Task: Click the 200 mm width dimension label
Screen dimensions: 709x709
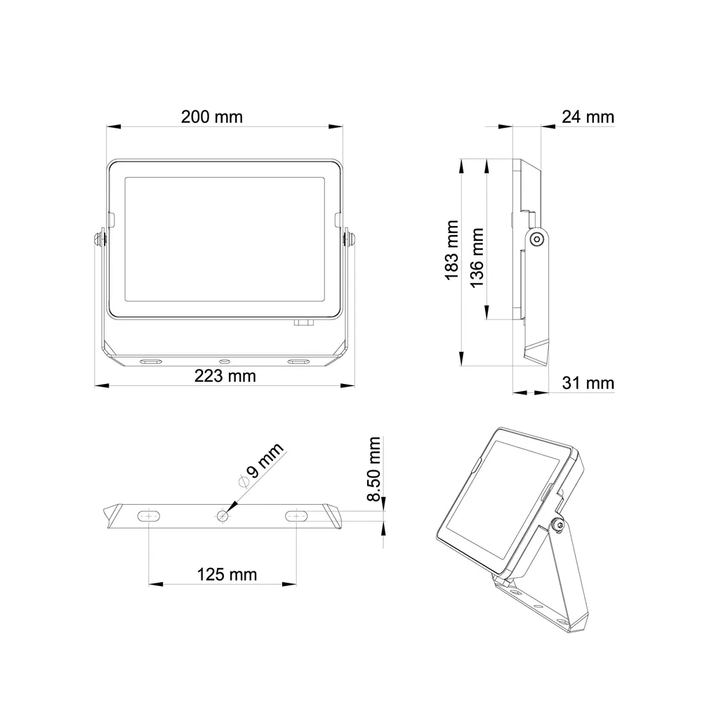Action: tap(211, 117)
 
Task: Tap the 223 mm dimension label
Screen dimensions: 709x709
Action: tap(225, 376)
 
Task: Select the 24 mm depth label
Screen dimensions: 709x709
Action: tap(588, 117)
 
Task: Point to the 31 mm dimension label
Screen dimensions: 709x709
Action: tap(588, 383)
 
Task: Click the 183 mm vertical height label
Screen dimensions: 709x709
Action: tap(451, 250)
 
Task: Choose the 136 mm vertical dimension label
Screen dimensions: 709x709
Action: tap(477, 258)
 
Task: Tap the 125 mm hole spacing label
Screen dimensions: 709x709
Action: tap(227, 574)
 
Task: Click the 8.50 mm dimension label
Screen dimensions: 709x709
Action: tap(374, 470)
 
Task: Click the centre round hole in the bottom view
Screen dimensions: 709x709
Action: tap(223, 515)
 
